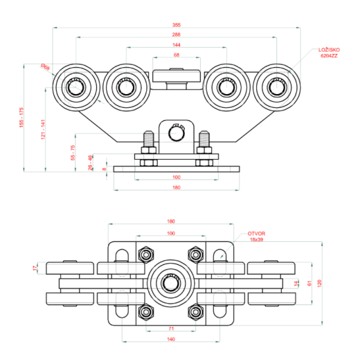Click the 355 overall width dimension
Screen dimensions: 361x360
176,25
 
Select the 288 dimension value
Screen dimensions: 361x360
176,34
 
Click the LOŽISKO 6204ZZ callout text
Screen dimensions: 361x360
327,53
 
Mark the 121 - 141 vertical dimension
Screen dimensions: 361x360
43,131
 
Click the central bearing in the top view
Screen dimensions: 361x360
170,282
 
